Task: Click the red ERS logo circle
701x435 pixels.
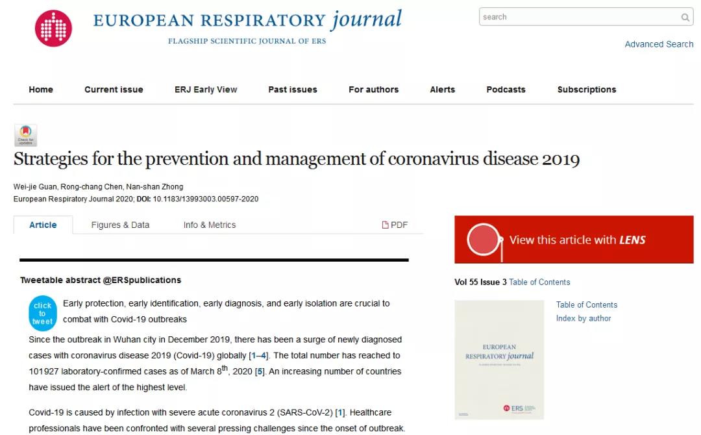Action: pos(53,29)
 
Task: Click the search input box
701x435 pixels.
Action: pos(578,17)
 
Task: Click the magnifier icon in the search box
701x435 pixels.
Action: pos(685,18)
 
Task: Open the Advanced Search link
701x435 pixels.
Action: pos(659,44)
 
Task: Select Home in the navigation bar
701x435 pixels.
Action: pos(41,90)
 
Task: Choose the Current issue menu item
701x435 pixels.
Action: pos(114,90)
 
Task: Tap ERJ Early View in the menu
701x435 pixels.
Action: pos(206,90)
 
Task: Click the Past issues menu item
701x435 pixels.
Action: pos(293,90)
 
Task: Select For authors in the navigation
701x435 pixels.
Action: pos(373,90)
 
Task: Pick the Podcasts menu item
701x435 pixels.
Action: pos(506,90)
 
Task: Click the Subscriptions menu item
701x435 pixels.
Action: pos(587,90)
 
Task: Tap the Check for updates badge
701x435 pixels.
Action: pos(26,135)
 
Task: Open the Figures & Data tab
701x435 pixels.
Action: pos(120,225)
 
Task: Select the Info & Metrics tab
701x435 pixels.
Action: pos(210,225)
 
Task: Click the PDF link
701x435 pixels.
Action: pos(395,225)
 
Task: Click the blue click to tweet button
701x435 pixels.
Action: pos(43,313)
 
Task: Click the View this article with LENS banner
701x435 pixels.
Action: pos(574,240)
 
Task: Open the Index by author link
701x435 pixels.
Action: pos(584,318)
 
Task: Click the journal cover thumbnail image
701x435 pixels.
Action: pos(499,359)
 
